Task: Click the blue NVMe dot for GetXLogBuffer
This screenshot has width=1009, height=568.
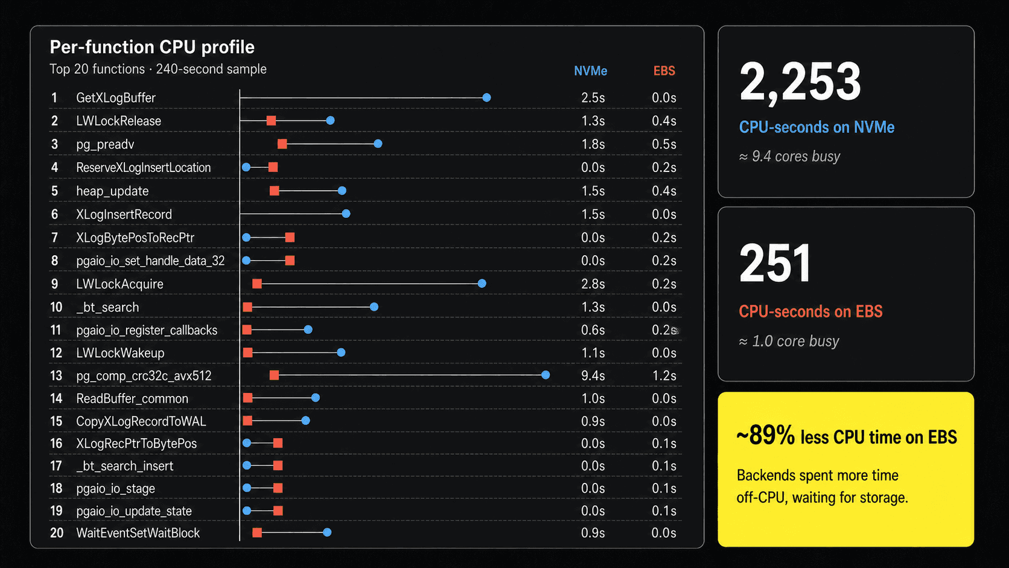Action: point(486,97)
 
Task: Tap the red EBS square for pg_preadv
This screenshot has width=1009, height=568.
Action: point(282,144)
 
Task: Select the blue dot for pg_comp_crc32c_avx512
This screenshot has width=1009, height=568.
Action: point(546,375)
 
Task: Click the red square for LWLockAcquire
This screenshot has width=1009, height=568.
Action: point(256,283)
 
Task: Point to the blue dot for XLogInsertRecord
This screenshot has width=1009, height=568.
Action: point(346,214)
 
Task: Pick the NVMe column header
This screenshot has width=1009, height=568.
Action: point(590,71)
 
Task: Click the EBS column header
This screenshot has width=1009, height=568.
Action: point(664,71)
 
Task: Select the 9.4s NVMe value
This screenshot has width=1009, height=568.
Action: point(593,375)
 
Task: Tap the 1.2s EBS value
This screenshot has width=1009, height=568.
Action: point(664,375)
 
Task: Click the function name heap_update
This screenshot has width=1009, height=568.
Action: point(112,191)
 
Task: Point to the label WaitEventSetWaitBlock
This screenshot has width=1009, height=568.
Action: point(138,533)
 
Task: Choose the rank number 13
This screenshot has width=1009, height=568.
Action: point(56,375)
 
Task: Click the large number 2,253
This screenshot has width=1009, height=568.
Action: point(800,81)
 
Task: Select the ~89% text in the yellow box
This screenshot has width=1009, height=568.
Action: point(765,435)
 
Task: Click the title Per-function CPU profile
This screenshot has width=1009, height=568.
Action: point(152,47)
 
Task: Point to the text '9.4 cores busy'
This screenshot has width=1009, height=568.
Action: point(796,156)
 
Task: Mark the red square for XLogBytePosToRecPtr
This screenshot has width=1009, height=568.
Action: point(290,237)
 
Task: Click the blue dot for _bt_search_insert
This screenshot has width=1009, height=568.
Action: point(247,465)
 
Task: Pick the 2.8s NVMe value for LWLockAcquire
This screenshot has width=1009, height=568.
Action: point(593,284)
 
